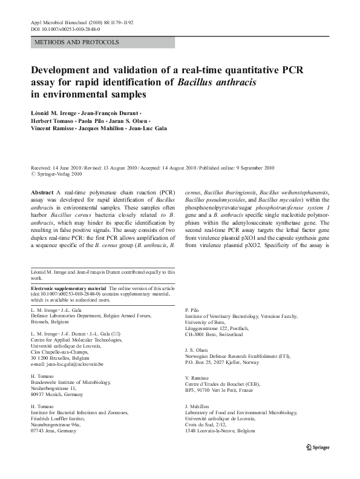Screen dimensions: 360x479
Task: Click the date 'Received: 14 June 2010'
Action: click(x=59, y=167)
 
